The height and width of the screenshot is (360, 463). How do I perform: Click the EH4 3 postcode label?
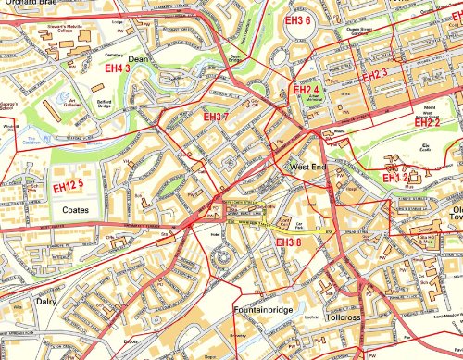click(117, 68)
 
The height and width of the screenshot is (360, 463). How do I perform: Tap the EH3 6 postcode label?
click(296, 20)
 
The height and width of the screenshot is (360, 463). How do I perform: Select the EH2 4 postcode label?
click(307, 90)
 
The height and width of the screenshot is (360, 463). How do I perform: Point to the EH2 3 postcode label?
click(375, 74)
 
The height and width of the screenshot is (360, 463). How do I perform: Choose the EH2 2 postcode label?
click(427, 121)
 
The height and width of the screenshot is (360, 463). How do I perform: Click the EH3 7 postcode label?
click(215, 118)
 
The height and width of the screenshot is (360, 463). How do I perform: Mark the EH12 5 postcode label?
click(68, 186)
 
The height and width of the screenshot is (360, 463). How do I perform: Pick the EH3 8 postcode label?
click(289, 242)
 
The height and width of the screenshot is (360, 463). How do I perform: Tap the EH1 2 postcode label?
click(395, 177)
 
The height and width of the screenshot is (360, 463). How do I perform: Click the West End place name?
click(308, 168)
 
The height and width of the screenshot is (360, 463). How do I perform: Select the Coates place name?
click(74, 210)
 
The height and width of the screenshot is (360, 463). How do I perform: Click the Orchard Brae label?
click(26, 5)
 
